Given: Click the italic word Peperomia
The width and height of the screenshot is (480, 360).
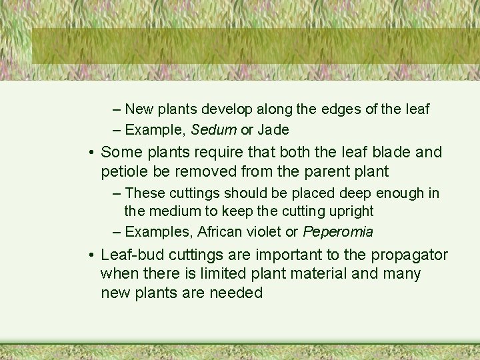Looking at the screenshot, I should coord(338,232).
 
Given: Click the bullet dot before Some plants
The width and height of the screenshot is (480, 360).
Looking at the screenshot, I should coord(89,153).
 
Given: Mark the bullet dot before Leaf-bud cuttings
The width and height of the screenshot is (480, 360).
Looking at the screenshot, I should coord(89,256).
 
